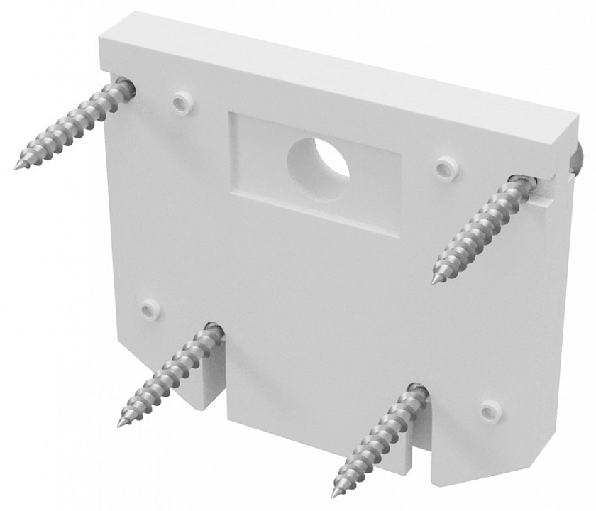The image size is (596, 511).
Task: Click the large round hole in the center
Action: (319, 160)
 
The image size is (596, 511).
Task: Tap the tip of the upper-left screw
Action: (16, 167)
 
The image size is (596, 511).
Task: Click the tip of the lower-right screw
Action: (334, 494)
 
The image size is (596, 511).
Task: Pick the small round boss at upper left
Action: (182, 103)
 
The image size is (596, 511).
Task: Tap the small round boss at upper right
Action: (446, 168)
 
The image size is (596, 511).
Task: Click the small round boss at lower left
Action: (150, 310)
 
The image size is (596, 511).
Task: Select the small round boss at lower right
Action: (490, 411)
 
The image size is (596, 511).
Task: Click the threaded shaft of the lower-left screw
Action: (167, 375)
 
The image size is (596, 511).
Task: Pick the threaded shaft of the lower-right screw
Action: (376, 440)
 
